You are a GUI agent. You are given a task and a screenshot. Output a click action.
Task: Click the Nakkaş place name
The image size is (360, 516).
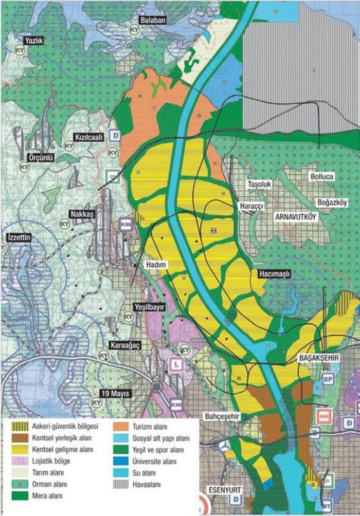tap(82, 214)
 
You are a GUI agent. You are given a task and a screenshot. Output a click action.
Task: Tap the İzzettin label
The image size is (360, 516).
tap(19, 237)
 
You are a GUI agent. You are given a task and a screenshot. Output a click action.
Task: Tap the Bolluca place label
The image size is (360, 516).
tap(322, 176)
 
